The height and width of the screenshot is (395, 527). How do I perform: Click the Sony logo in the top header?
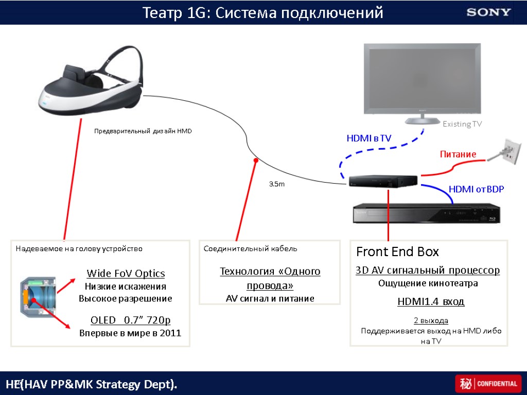(488, 12)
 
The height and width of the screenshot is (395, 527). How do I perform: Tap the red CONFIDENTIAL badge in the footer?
(486, 384)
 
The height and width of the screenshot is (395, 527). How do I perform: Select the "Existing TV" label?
(462, 124)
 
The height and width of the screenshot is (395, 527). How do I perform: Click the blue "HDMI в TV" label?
(368, 138)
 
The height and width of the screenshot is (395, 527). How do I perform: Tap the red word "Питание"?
(458, 154)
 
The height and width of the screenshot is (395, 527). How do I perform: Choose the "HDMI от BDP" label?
(476, 189)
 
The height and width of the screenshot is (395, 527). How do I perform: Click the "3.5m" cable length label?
(277, 184)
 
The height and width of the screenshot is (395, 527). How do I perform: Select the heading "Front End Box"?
(397, 252)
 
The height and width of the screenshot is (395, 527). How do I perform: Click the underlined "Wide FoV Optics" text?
(126, 273)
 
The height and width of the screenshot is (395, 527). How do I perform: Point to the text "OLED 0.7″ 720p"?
(130, 320)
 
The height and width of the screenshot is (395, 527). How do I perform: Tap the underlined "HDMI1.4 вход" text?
(431, 301)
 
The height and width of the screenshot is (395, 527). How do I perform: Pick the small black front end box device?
(382, 181)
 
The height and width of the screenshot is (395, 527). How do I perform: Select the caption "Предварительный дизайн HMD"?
(143, 131)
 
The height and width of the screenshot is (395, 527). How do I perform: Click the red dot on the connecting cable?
(256, 160)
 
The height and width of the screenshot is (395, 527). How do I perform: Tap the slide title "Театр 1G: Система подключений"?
(262, 12)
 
